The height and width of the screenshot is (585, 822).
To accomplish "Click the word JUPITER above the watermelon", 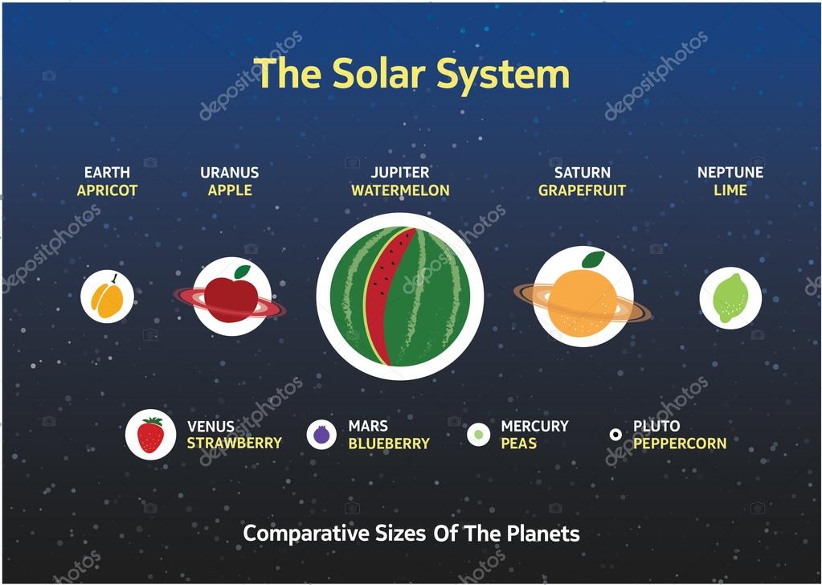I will tap(399, 172).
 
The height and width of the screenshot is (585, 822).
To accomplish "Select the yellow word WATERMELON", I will tap(399, 190).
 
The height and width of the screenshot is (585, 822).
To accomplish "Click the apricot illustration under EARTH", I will tap(107, 297).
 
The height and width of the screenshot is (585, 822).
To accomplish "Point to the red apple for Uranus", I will tap(231, 298).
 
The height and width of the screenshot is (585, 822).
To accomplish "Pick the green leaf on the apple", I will tap(242, 272).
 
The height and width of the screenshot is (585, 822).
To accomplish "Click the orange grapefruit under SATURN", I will tap(582, 301).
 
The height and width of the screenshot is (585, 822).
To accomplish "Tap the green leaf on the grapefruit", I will tap(593, 260).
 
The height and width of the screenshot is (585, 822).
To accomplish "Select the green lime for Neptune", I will tap(730, 298).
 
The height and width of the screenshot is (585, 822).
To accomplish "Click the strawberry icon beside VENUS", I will tap(150, 435).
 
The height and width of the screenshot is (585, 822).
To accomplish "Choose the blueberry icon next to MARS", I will tap(321, 435).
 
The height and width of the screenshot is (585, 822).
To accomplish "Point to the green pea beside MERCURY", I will tap(479, 435).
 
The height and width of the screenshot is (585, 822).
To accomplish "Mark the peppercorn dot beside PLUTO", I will tap(615, 435).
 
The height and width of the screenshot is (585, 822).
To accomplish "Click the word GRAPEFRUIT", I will tap(582, 190).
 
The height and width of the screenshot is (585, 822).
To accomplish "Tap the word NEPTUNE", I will tap(730, 172).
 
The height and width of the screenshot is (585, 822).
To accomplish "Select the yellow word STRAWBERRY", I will tap(234, 443).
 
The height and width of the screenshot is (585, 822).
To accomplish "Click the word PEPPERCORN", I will tap(679, 443).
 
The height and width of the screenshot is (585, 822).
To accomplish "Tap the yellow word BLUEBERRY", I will tap(389, 443).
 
